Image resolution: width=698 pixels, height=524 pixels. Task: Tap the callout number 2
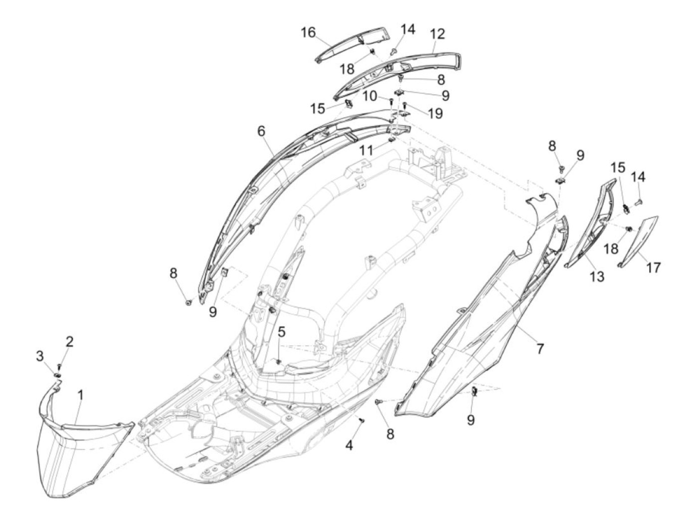point(69,341)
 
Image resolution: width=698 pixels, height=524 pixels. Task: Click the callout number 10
point(369,96)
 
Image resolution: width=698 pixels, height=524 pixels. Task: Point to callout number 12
point(437,34)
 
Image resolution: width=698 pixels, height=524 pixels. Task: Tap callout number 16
point(308,33)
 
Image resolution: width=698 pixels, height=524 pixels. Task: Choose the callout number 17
point(654,267)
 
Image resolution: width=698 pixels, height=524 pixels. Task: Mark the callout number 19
point(435,114)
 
